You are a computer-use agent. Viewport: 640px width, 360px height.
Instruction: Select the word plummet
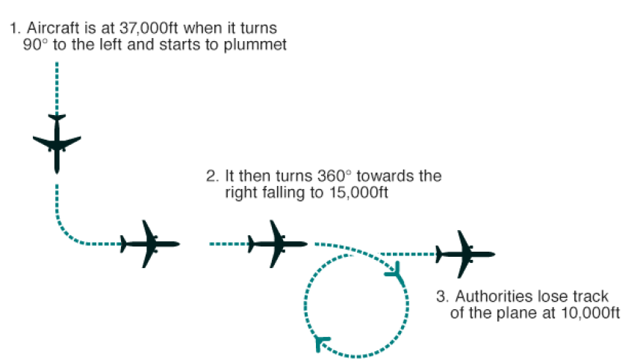pos(261,44)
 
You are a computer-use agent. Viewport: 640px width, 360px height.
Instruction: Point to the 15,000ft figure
pos(365,193)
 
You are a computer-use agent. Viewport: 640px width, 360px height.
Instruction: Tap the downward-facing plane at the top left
pos(57,142)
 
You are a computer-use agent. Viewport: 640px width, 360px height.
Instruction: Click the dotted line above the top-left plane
pos(57,87)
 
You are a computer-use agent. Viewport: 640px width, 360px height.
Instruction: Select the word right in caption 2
pos(240,193)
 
